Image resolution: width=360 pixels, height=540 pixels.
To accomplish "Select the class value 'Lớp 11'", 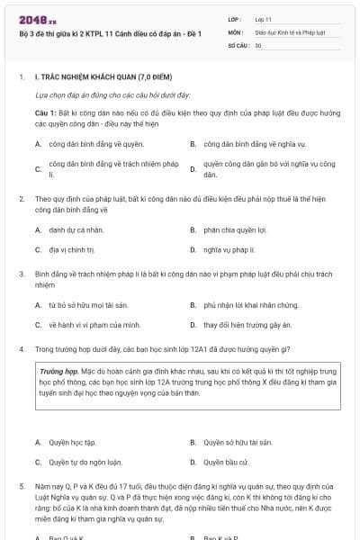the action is point(264,18).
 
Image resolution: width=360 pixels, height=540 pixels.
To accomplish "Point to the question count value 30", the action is point(258,44).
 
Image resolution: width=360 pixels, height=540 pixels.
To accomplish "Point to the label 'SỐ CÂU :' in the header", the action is point(238,44).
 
